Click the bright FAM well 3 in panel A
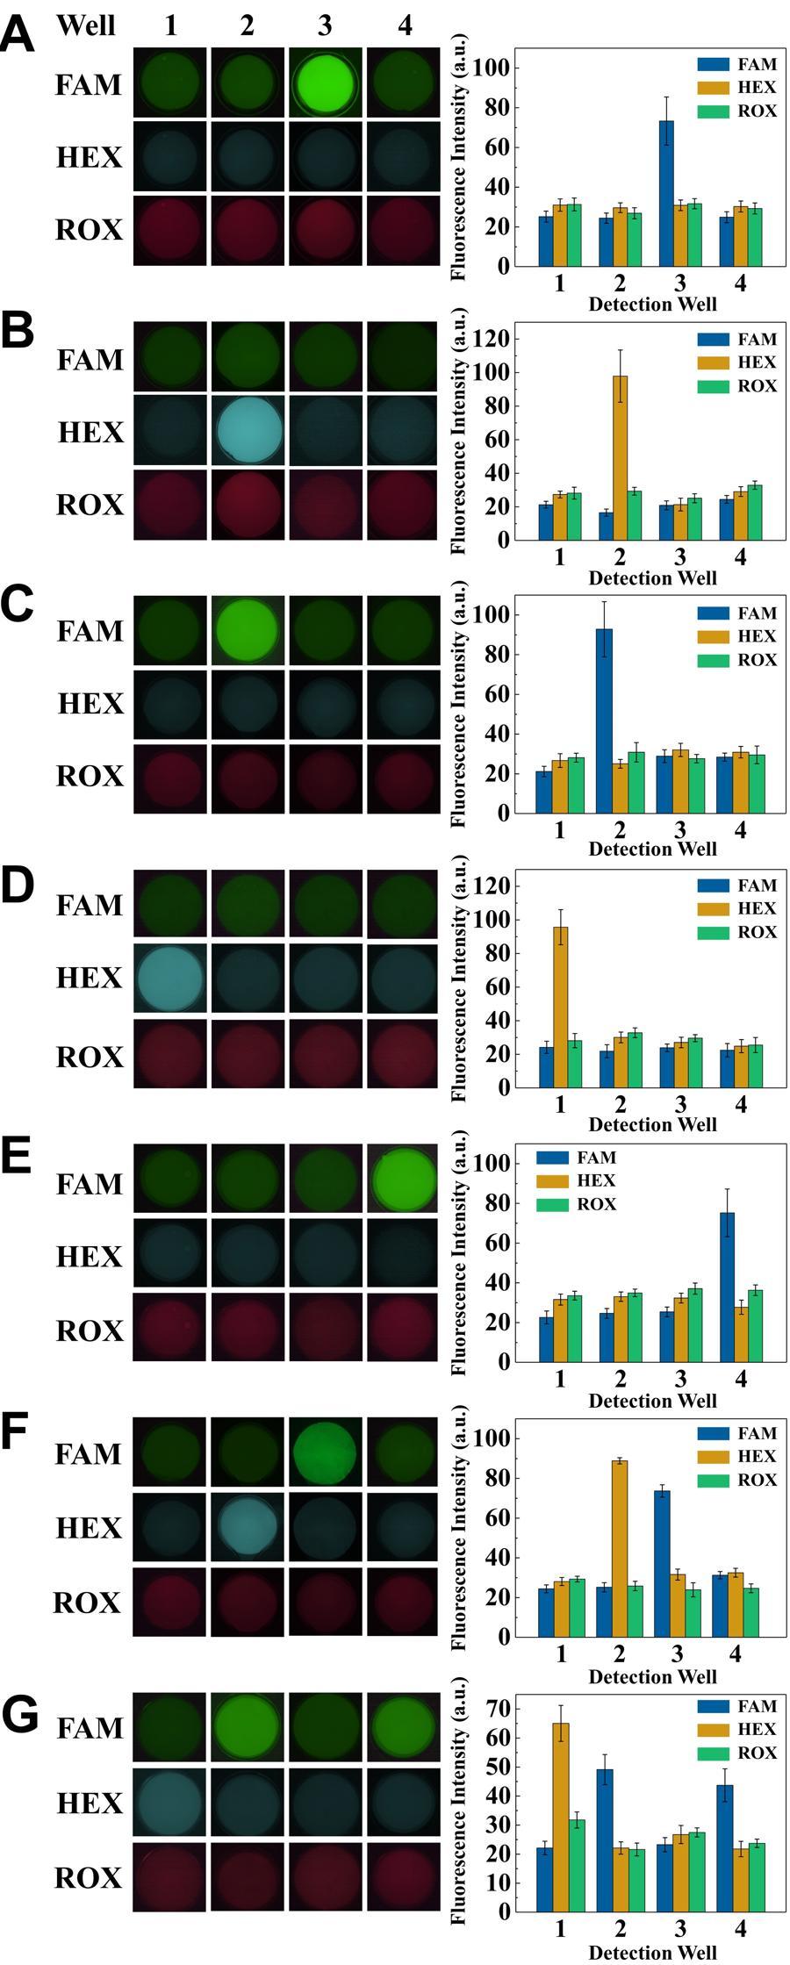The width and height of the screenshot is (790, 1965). [325, 83]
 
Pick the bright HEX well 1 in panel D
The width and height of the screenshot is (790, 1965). [170, 979]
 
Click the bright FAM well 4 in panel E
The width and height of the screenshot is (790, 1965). [404, 1180]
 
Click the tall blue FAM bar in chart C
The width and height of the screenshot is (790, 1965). [604, 720]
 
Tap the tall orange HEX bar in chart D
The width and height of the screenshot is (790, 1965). [560, 1006]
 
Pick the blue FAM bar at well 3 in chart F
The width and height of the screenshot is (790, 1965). [662, 1563]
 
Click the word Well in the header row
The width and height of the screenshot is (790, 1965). [86, 25]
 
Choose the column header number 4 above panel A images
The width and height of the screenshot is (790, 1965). [404, 25]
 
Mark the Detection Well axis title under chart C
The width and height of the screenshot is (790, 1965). [652, 849]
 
